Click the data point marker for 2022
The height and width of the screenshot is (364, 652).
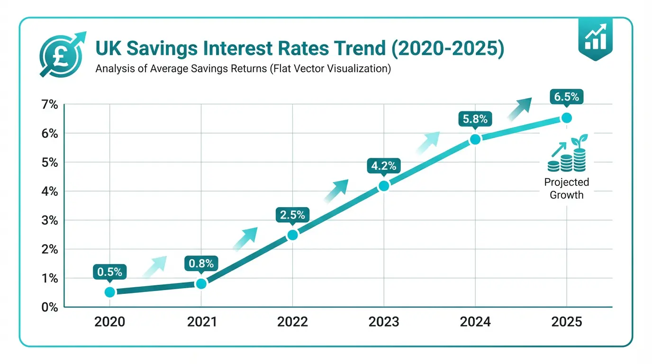pyautogui.click(x=293, y=235)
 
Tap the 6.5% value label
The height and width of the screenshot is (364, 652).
pyautogui.click(x=566, y=97)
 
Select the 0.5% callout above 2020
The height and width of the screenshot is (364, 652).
pyautogui.click(x=110, y=272)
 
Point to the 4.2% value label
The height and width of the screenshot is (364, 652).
pyautogui.click(x=384, y=166)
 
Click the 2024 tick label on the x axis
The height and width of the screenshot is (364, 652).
pyautogui.click(x=475, y=322)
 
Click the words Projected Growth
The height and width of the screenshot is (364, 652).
pyautogui.click(x=566, y=188)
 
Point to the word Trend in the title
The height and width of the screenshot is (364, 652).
pyautogui.click(x=373, y=49)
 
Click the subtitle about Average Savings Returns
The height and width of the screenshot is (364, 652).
pyautogui.click(x=243, y=69)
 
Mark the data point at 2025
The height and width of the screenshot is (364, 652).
pyautogui.click(x=566, y=118)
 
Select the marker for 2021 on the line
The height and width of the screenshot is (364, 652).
pyautogui.click(x=201, y=284)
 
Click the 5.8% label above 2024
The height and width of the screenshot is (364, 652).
pyautogui.click(x=475, y=119)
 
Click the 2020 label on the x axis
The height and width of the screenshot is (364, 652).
pyautogui.click(x=110, y=322)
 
